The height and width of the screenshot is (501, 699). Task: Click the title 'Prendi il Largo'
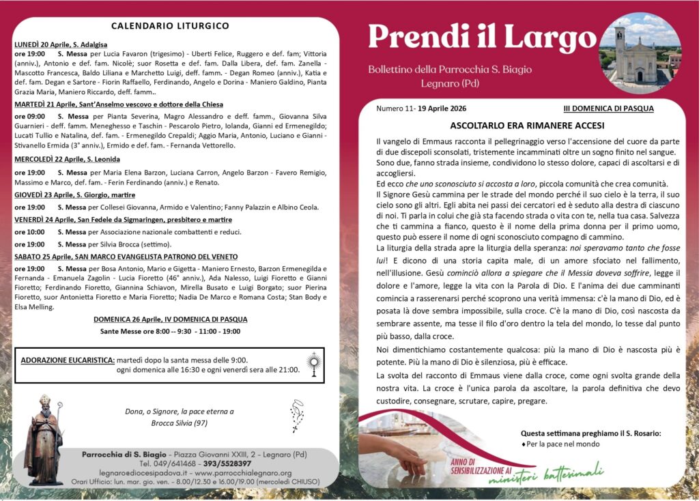point(482,38)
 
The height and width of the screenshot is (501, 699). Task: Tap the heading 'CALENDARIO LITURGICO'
point(170,26)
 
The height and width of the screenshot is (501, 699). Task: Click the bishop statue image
point(44,440)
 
